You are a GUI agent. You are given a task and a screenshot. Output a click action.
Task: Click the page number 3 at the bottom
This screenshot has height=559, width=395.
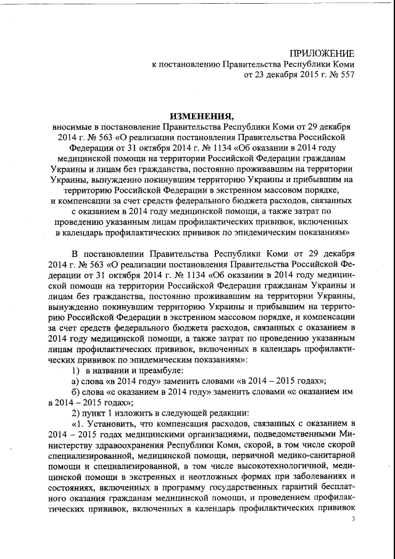pos(354,520)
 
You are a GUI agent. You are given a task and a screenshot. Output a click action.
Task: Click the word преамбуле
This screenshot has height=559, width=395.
pos(146,369)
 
